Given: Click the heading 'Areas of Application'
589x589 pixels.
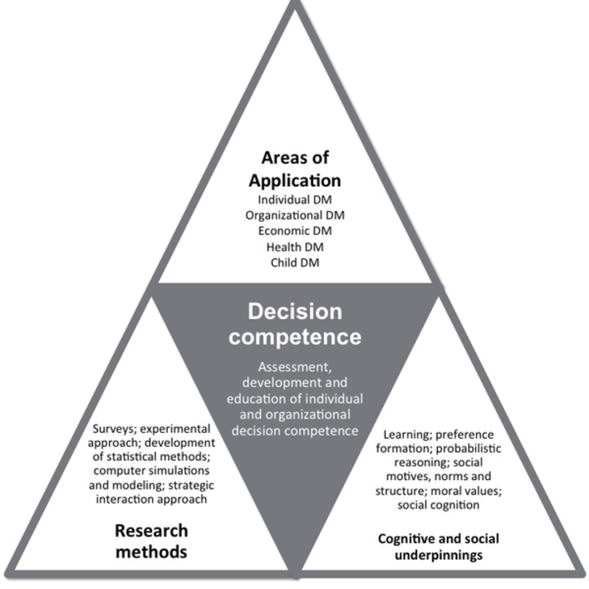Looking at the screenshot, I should [x=295, y=168].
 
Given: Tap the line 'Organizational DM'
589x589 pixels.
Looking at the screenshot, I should [x=294, y=215].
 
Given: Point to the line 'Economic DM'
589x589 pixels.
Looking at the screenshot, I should [x=294, y=231].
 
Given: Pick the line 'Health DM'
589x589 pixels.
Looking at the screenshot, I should [x=294, y=247].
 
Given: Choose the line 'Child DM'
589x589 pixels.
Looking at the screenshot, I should [x=294, y=263].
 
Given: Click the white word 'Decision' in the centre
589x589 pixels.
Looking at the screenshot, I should [x=294, y=311].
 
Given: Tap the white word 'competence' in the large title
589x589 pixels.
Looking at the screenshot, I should [x=294, y=337].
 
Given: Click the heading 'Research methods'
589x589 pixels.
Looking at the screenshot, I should [x=151, y=540].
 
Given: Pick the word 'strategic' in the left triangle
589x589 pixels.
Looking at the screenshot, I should [x=211, y=485].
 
